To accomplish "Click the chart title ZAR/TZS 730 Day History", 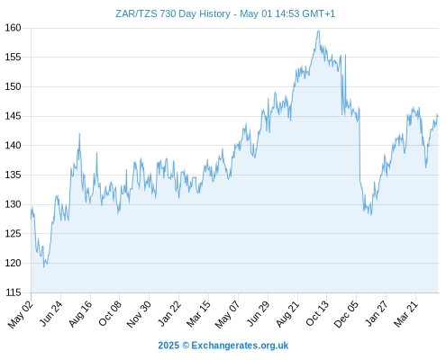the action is click(x=173, y=13).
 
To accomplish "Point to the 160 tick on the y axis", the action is click(x=13, y=28).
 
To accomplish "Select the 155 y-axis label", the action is click(x=13, y=57).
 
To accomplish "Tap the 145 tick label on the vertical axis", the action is click(x=13, y=116).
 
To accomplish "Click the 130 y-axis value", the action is click(x=13, y=204).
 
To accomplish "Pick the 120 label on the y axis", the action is click(x=13, y=263).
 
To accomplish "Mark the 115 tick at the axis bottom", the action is click(x=13, y=292).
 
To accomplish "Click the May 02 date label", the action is click(x=20, y=314).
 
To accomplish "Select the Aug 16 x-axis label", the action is click(x=80, y=313).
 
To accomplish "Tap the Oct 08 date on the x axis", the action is click(x=110, y=313).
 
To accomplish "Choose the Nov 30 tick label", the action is click(x=139, y=314).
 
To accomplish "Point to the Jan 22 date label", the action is click(x=169, y=313).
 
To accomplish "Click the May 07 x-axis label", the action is click(x=227, y=314).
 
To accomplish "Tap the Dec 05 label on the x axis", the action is click(x=346, y=314).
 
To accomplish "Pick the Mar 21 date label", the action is click(x=405, y=313).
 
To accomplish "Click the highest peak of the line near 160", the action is click(x=318, y=31).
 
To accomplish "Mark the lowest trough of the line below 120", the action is click(x=43, y=267).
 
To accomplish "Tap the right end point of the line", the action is click(x=438, y=116).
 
